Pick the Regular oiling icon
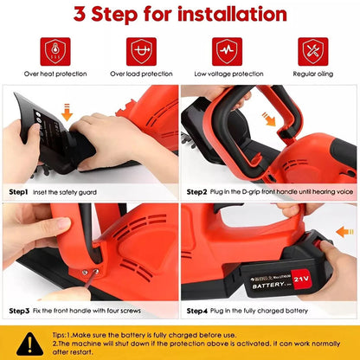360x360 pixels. coord(312,50)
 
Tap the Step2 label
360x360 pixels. coord(195,192)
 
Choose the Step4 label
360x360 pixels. coord(195,310)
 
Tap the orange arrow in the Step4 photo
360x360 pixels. coord(343,231)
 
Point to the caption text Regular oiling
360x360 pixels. coord(312,74)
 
